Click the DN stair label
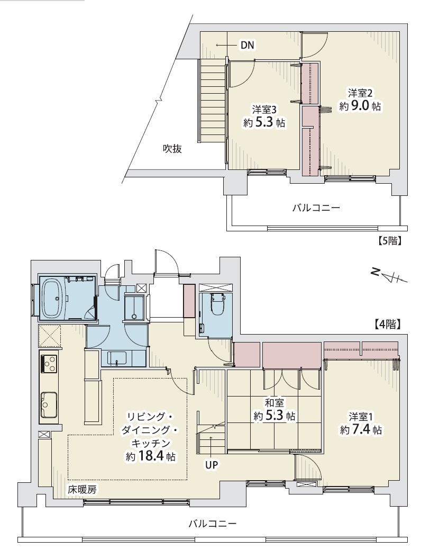(248, 45)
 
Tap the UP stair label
(212, 464)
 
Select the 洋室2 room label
(360, 93)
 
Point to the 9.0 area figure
(360, 106)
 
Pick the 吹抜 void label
(172, 148)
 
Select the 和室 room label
(274, 403)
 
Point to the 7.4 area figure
(361, 430)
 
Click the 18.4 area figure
(153, 456)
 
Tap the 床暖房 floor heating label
(82, 490)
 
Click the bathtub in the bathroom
(53, 298)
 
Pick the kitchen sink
(49, 404)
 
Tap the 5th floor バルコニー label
(316, 208)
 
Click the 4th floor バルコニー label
(212, 524)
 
